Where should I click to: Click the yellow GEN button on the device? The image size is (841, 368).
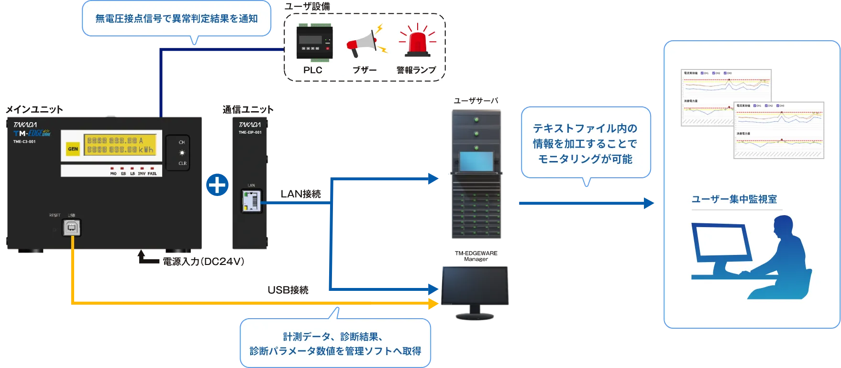(73, 149)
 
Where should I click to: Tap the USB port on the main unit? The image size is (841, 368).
(72, 228)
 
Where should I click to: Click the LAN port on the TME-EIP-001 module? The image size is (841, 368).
(252, 201)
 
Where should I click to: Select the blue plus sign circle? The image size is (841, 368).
(218, 185)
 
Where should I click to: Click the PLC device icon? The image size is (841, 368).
(314, 42)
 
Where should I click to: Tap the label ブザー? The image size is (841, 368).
(365, 70)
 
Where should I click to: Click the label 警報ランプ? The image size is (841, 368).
(416, 70)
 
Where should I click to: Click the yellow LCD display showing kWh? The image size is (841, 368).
(120, 145)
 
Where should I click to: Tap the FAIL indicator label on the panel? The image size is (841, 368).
(152, 173)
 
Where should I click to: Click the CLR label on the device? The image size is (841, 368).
(182, 163)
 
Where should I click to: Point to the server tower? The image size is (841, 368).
(476, 175)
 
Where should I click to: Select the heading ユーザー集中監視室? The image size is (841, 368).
(734, 199)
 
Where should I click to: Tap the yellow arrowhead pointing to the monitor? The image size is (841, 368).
(434, 303)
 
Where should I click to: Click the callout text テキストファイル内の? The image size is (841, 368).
(585, 128)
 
